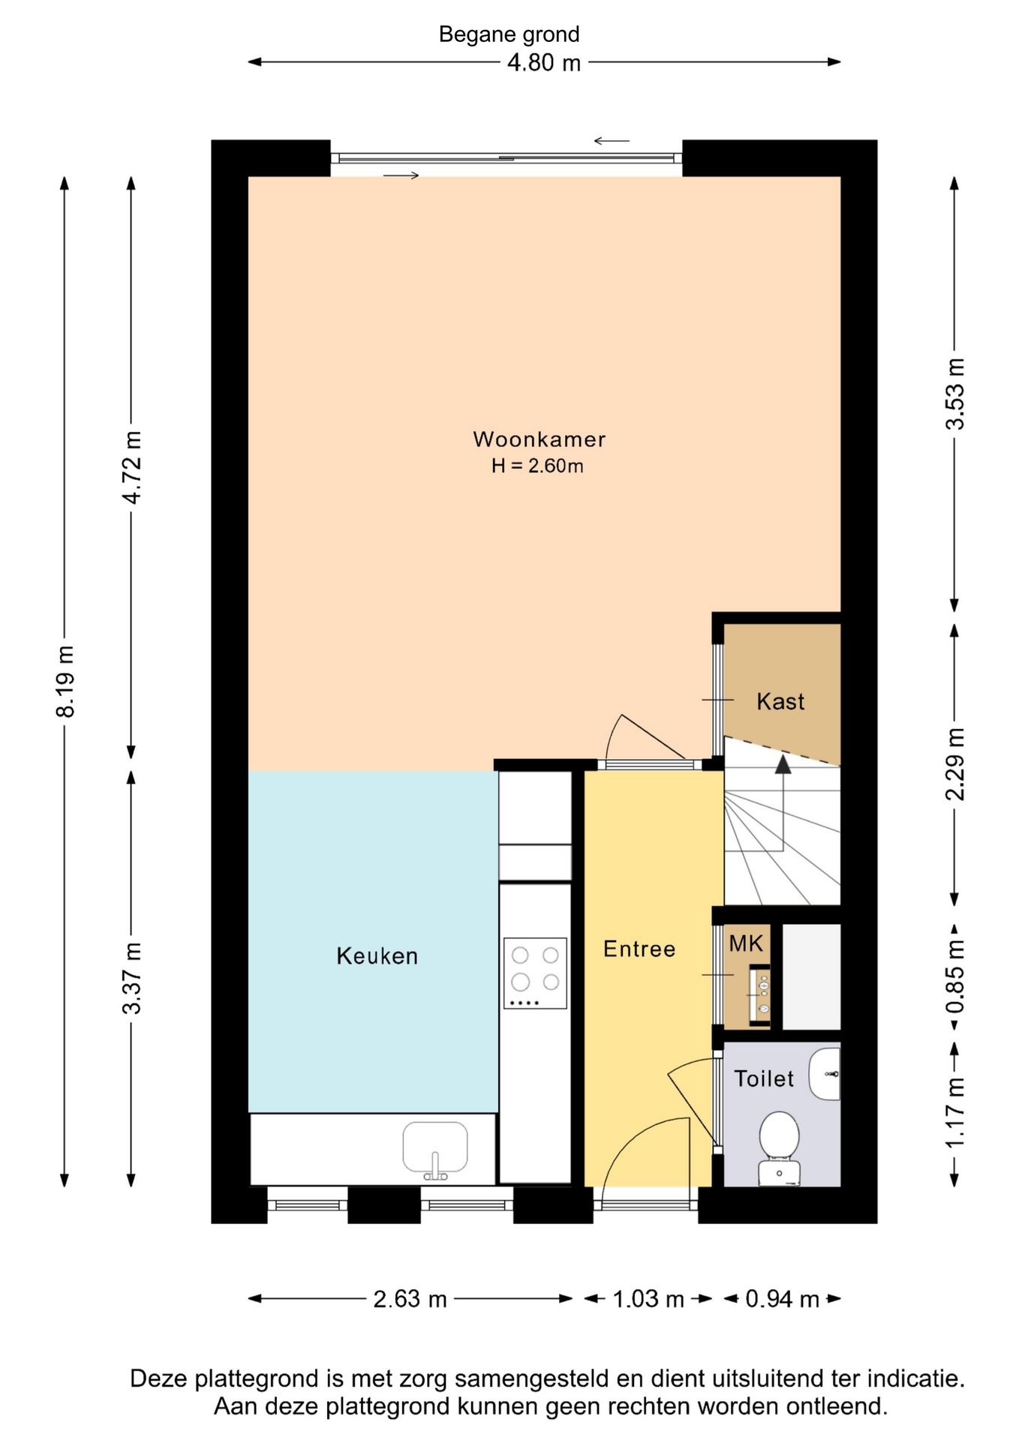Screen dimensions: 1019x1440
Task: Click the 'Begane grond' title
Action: [509, 34]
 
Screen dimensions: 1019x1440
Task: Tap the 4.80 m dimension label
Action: [544, 63]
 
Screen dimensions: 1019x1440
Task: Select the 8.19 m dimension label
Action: [66, 681]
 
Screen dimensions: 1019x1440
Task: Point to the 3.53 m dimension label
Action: [954, 394]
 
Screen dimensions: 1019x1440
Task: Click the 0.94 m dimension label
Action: [782, 1299]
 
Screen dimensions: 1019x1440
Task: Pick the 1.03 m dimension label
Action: [648, 1299]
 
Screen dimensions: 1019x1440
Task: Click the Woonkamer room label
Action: [539, 439]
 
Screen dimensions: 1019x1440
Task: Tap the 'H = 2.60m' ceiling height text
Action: [537, 466]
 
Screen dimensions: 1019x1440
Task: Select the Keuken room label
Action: [377, 955]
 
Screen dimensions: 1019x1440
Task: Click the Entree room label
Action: [639, 949]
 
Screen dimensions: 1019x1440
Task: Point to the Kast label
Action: [780, 701]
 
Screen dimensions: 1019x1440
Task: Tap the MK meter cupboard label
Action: [746, 943]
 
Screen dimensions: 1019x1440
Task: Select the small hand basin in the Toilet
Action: [825, 1074]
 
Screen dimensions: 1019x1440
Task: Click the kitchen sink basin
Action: [435, 1147]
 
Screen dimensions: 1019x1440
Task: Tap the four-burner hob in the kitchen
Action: [535, 973]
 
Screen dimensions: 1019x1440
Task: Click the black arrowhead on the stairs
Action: [783, 764]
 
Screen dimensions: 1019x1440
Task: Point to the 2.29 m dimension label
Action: [954, 764]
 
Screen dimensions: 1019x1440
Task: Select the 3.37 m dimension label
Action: [132, 978]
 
